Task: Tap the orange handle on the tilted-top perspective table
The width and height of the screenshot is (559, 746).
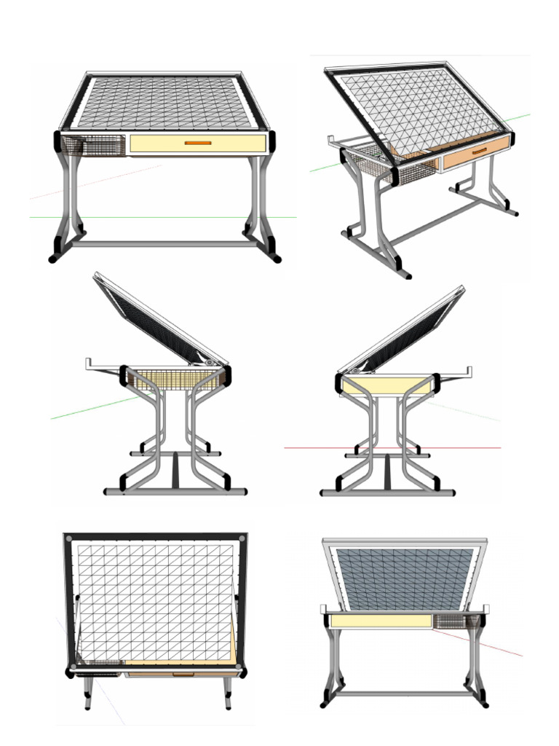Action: (x=479, y=151)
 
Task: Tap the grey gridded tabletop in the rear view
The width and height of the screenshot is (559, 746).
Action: (x=405, y=579)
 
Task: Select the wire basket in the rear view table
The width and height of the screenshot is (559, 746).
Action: (x=456, y=621)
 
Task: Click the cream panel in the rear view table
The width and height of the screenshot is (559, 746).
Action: (x=378, y=621)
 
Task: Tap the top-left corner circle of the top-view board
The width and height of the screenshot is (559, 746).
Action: (x=69, y=539)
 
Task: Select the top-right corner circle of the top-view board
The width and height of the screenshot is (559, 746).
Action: (x=242, y=539)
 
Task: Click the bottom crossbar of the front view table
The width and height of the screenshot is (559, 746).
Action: (x=166, y=244)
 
